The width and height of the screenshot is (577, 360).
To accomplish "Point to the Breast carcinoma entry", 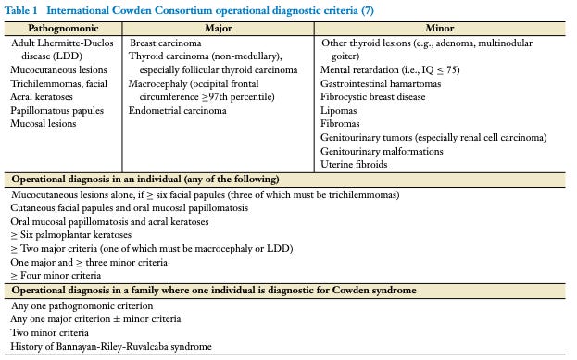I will click(168, 43).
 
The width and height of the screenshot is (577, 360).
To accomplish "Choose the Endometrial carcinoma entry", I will click(177, 110).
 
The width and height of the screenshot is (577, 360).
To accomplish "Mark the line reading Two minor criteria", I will click(50, 331).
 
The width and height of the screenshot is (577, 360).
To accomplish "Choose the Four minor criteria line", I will click(56, 275).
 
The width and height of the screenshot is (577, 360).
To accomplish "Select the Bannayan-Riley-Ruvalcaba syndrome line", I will click(112, 345).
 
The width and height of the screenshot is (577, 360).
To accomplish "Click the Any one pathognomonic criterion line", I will click(82, 304).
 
